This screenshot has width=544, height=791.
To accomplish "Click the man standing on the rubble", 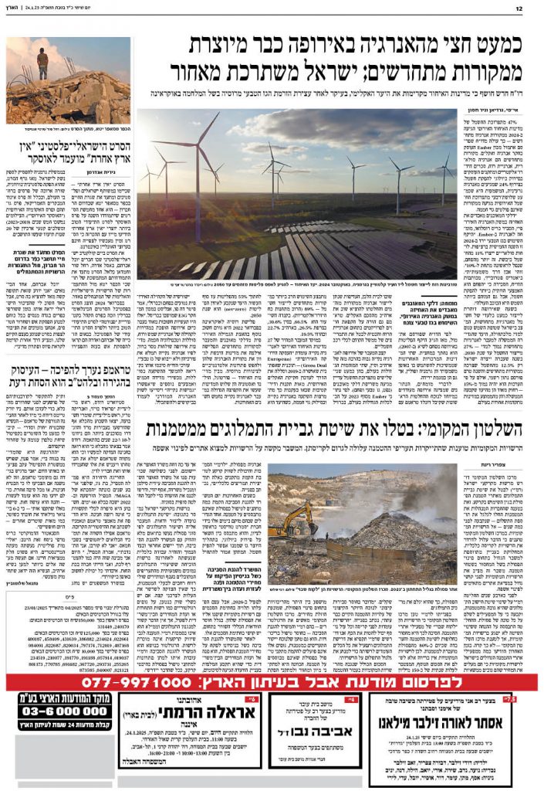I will click(42, 62).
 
